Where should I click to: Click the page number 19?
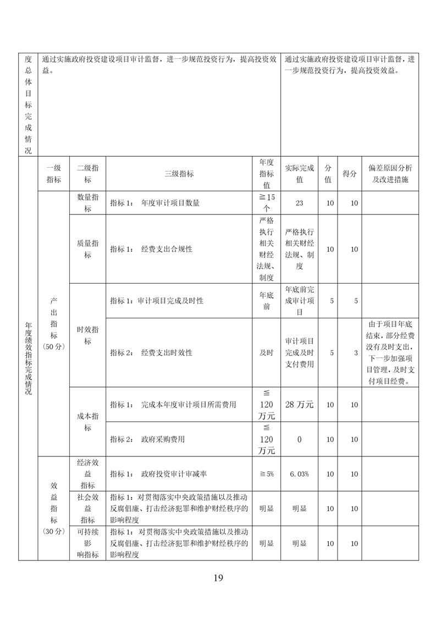pos(218,577)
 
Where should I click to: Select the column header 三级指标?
pos(179,174)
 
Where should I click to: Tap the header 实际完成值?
pos(299,174)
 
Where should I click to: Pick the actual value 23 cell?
pos(299,203)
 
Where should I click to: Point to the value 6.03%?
pos(299,474)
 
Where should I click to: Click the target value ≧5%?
pos(266,474)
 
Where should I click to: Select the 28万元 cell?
pos(299,405)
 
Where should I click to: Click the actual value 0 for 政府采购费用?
pos(299,439)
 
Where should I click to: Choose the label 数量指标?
pos(87,203)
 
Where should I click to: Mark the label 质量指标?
pos(87,249)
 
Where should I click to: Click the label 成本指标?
pos(87,422)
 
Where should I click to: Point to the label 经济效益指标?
pos(87,474)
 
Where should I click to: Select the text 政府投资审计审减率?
pos(174,474)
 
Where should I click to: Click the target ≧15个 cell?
pos(266,203)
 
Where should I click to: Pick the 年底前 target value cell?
pos(266,301)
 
